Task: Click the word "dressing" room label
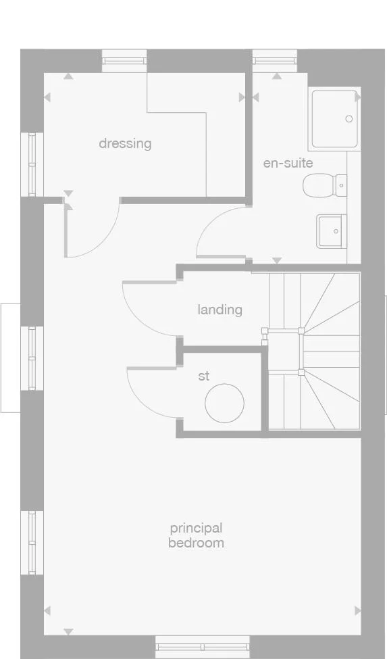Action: (x=125, y=144)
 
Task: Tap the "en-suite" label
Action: (x=288, y=163)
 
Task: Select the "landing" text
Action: (x=220, y=310)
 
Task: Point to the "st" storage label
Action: (x=203, y=376)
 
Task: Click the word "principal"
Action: (x=196, y=528)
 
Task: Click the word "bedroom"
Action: (x=196, y=543)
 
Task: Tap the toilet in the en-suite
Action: (x=325, y=185)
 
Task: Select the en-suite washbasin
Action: (x=332, y=231)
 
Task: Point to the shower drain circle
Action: (x=349, y=119)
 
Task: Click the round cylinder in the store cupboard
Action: (x=224, y=404)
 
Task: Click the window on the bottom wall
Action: (x=203, y=647)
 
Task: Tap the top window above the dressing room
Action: (x=125, y=61)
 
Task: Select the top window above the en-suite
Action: (x=275, y=61)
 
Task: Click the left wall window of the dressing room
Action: (x=32, y=164)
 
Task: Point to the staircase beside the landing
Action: (x=314, y=351)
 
